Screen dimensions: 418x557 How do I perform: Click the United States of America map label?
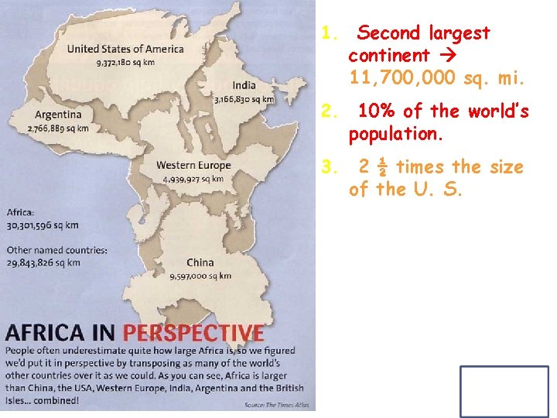[x=125, y=49]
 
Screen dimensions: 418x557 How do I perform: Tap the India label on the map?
[x=244, y=85]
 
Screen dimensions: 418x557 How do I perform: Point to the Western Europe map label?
[x=193, y=165]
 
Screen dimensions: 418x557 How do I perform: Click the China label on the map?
[x=200, y=263]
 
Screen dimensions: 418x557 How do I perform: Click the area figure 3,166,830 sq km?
[x=244, y=99]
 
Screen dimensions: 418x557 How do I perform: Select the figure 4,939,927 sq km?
[x=193, y=179]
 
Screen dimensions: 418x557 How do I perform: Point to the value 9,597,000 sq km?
[x=200, y=276]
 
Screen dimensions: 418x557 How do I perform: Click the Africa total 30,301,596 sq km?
[x=43, y=225]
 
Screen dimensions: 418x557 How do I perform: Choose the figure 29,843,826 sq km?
[x=43, y=262]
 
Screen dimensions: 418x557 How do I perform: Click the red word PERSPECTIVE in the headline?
[x=193, y=334]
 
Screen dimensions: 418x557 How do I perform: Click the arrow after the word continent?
[x=449, y=56]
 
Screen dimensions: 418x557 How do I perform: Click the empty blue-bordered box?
[x=504, y=392]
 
